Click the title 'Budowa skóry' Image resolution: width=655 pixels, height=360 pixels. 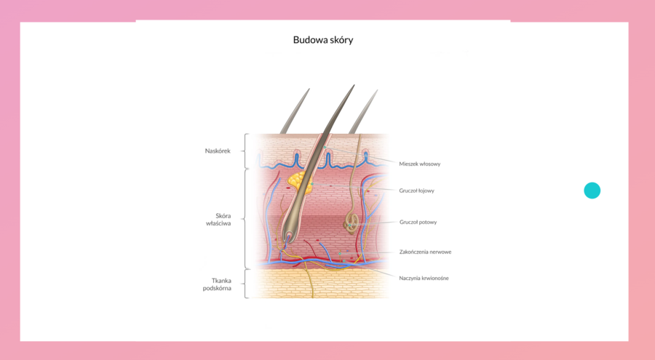[323, 40]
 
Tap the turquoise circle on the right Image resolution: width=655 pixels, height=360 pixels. [592, 191]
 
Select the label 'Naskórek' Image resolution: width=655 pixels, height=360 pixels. [218, 151]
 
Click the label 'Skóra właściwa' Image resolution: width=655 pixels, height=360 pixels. [218, 220]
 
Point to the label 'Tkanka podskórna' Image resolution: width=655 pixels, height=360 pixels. [217, 284]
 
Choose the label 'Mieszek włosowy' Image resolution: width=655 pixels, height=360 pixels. [419, 164]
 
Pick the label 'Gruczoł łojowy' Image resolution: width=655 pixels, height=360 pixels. [416, 191]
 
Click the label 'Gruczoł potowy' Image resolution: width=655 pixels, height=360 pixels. [418, 223]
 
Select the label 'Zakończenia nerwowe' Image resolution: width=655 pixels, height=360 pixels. [425, 252]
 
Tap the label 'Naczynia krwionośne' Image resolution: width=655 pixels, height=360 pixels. [424, 278]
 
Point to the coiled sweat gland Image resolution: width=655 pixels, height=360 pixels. [352, 222]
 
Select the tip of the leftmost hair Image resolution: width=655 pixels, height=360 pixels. [309, 90]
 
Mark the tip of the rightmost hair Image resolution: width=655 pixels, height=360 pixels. [376, 91]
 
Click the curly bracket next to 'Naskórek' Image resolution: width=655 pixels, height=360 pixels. [245, 151]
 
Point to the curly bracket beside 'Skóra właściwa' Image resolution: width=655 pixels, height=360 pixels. [245, 219]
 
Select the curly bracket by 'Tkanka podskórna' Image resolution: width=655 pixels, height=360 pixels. [245, 284]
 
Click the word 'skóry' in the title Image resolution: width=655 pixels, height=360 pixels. [340, 40]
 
